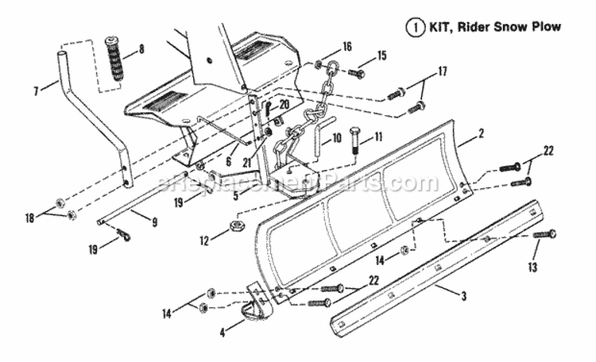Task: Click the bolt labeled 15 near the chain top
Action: [x=355, y=73]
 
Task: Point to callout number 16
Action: [x=346, y=46]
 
